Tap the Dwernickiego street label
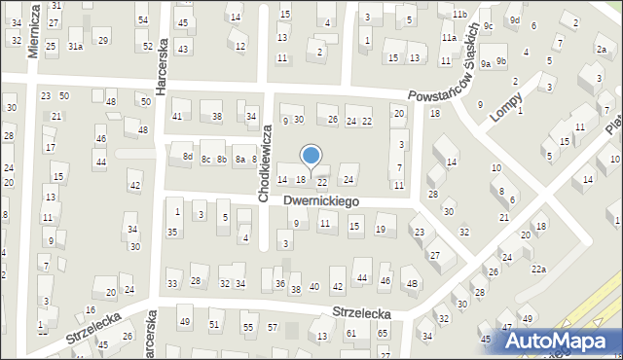click(322, 200)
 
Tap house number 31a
click(75, 46)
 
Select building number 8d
click(188, 157)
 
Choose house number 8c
click(205, 159)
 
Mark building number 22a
click(537, 269)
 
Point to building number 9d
click(515, 20)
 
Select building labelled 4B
click(412, 284)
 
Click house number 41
click(177, 117)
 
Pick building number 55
click(248, 328)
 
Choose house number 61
click(350, 334)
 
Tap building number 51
click(214, 324)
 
